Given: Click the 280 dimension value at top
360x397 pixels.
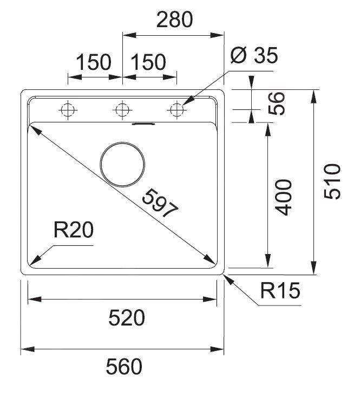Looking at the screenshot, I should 174,19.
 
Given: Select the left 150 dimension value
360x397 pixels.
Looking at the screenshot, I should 93,63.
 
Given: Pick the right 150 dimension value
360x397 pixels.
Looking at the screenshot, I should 147,63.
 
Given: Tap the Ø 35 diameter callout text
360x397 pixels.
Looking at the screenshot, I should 254,55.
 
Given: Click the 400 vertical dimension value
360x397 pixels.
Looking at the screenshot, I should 283,197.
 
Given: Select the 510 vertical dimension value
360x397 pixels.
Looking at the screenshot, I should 332,181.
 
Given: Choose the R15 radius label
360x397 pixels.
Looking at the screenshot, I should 279,292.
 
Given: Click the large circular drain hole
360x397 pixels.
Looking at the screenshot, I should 123,164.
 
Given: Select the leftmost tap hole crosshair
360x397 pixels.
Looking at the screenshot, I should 68,110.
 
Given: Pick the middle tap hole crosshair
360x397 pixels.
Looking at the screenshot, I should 122,110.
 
